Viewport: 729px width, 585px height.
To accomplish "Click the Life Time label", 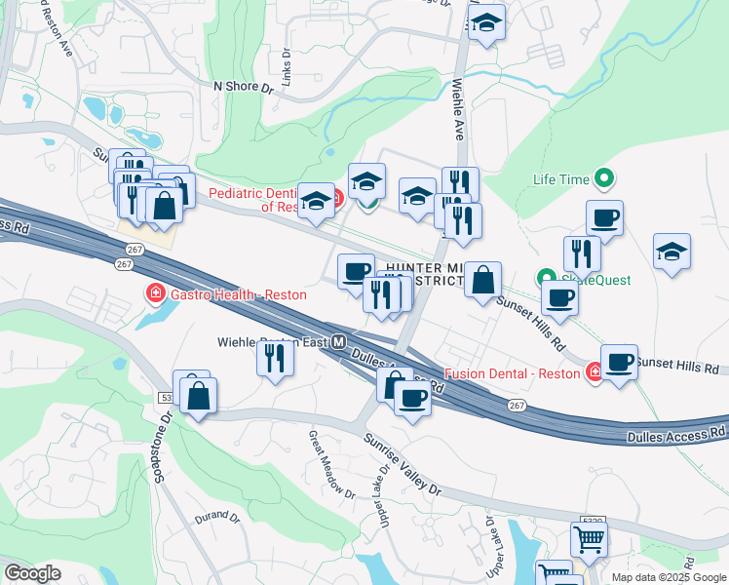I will [561, 179].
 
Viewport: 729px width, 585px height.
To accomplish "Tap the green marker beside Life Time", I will [604, 178].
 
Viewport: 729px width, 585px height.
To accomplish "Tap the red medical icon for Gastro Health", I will [154, 292].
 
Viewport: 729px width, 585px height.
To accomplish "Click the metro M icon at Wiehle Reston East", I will [338, 342].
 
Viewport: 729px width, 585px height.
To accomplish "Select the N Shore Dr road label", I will [243, 87].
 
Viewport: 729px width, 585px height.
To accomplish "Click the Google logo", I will [32, 573].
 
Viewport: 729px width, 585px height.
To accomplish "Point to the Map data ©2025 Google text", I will [669, 577].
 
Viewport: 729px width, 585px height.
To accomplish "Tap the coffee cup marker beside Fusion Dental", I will [619, 363].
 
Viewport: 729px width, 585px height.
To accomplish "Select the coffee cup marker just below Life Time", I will [604, 218].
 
